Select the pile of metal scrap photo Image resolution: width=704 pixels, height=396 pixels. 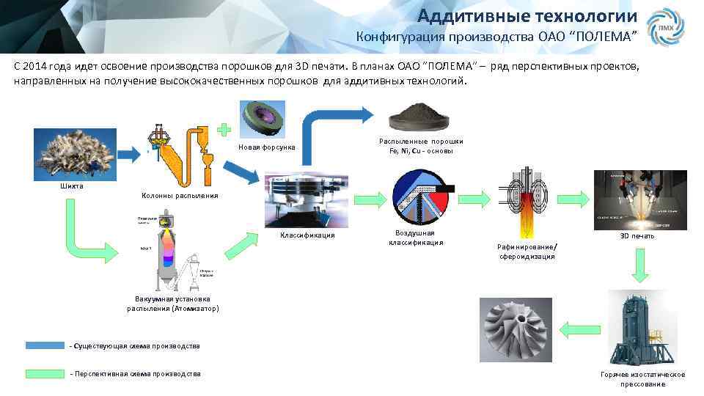(72, 153)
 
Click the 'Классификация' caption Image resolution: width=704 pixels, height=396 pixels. (307, 235)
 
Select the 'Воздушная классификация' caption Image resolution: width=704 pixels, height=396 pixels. (416, 238)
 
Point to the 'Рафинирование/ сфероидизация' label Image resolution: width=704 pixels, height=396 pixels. (527, 251)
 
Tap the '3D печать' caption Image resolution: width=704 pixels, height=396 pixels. (637, 236)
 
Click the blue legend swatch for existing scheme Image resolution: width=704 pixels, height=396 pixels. (45, 345)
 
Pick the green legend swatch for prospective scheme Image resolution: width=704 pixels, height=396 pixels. (45, 374)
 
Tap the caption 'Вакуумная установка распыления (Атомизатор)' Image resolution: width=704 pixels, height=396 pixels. (172, 304)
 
